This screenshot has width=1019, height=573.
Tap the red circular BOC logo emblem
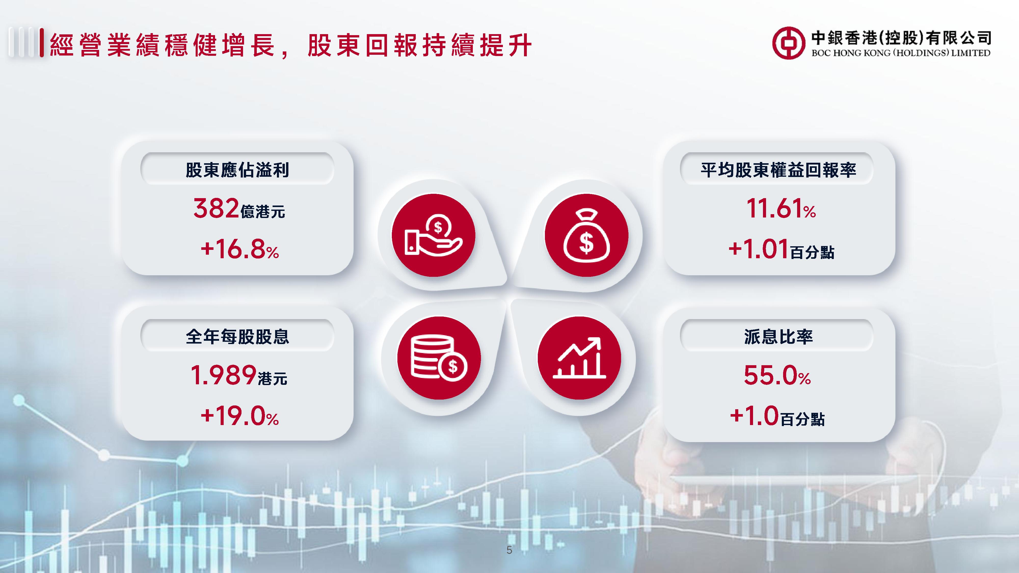coord(788,43)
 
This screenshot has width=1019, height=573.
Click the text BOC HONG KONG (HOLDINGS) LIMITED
coord(901,53)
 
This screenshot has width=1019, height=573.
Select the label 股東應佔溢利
coord(237,170)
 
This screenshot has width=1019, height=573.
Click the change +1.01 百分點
coord(781,250)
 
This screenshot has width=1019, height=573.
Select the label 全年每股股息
coord(237,336)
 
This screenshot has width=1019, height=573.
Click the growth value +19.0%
coord(240,416)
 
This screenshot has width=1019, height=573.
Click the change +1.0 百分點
coord(777,416)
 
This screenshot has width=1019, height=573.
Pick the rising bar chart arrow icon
coord(579,358)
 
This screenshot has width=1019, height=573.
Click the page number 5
coord(509,550)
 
